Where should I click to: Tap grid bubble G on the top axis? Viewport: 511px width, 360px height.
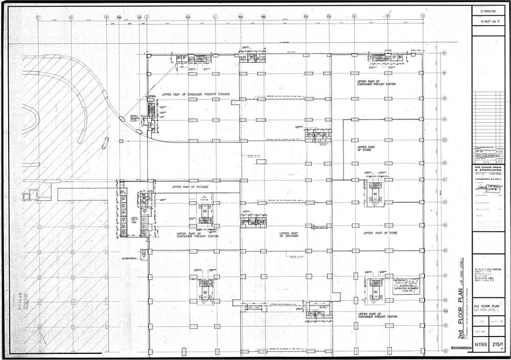pos(71,17)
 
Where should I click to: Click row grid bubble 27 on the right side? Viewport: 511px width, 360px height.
pos(445,53)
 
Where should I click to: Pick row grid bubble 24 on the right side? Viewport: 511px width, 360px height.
pos(445,119)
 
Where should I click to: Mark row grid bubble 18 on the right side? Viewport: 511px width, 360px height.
pos(445,251)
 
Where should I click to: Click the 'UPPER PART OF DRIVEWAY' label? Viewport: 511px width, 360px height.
pos(289,234)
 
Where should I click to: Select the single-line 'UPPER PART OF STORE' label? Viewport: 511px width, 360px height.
pos(380,233)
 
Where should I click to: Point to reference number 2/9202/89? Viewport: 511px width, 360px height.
pos(489,10)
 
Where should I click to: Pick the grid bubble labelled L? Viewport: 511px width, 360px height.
pos(215,17)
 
